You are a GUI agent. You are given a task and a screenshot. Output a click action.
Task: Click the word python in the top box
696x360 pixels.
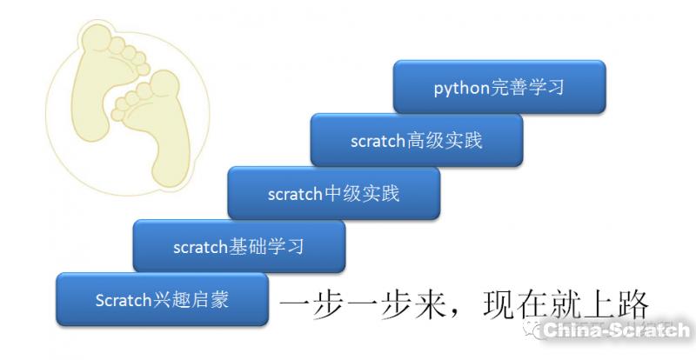(x=462, y=89)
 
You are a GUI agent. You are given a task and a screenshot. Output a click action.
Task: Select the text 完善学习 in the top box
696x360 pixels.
(x=527, y=88)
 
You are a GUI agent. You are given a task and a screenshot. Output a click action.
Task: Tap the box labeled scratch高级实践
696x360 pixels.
(x=417, y=140)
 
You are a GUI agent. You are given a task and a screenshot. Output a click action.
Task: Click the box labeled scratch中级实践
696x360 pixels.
(x=334, y=193)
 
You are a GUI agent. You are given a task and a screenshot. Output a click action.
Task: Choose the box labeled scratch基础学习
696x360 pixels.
(x=239, y=246)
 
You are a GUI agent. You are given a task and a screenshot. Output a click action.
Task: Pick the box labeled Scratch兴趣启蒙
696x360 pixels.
(x=162, y=300)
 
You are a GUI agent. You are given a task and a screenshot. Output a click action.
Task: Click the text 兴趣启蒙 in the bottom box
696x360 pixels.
(x=191, y=300)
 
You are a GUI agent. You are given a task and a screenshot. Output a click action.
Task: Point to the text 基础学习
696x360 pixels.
(x=266, y=246)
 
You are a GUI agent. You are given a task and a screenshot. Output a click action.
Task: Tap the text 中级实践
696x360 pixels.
(x=362, y=194)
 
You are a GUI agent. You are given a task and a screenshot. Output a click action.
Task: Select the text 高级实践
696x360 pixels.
(x=445, y=140)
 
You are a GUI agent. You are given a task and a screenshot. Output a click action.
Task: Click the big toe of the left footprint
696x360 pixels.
(x=97, y=36)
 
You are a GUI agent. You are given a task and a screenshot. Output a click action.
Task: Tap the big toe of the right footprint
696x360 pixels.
(x=164, y=83)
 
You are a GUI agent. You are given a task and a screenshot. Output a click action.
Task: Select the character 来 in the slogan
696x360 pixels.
(x=430, y=305)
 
